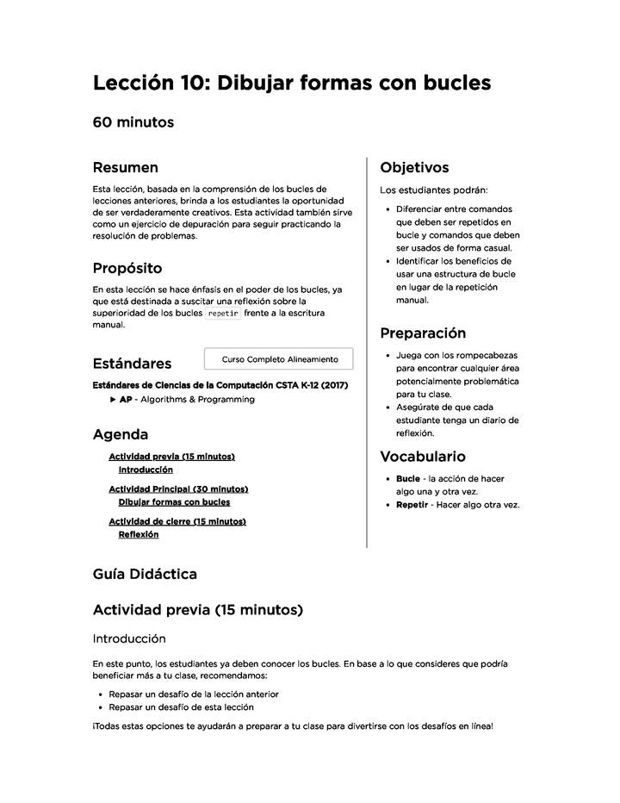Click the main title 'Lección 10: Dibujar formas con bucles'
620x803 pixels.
pyautogui.click(x=292, y=83)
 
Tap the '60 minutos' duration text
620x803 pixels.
pyautogui.click(x=133, y=122)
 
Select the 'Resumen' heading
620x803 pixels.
pyautogui.click(x=126, y=167)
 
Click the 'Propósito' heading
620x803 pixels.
pyautogui.click(x=127, y=268)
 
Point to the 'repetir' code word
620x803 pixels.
pyautogui.click(x=223, y=314)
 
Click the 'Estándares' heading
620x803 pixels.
pyautogui.click(x=132, y=364)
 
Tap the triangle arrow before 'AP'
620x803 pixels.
pyautogui.click(x=113, y=400)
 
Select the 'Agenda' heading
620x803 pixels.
pyautogui.click(x=121, y=434)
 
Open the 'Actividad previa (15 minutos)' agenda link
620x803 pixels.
pyautogui.click(x=171, y=457)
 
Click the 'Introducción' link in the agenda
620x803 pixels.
pyautogui.click(x=146, y=470)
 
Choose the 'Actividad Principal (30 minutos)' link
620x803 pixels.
pyautogui.click(x=178, y=489)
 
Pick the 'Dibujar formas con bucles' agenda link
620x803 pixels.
pyautogui.click(x=174, y=501)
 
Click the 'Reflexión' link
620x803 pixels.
pyautogui.click(x=139, y=534)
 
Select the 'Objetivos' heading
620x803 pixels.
pyautogui.click(x=414, y=167)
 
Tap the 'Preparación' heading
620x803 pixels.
pyautogui.click(x=423, y=333)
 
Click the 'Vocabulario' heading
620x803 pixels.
pyautogui.click(x=423, y=456)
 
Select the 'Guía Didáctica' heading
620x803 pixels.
pyautogui.click(x=145, y=574)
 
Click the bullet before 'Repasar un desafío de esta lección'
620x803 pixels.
pyautogui.click(x=100, y=707)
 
